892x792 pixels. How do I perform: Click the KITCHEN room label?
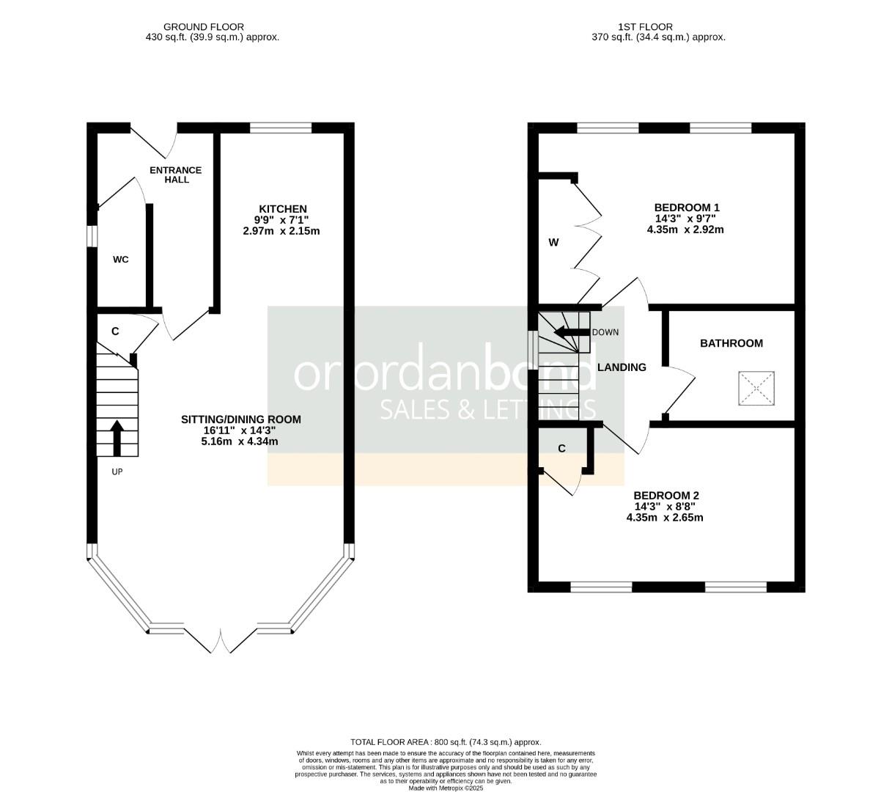(281, 209)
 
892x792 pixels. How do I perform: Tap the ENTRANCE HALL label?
(176, 175)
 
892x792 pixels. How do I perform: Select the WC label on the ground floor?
(121, 260)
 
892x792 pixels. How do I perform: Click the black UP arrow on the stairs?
(117, 436)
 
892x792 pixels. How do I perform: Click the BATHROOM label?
(731, 343)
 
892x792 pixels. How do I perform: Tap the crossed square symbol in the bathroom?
(755, 389)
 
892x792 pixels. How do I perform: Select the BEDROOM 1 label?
(686, 208)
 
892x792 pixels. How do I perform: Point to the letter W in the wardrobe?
(554, 243)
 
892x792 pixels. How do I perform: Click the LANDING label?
(622, 367)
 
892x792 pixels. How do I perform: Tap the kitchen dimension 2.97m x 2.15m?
(281, 231)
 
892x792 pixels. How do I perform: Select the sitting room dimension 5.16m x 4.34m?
(240, 441)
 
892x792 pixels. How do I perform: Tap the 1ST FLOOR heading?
(657, 26)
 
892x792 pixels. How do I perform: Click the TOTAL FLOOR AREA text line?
(446, 742)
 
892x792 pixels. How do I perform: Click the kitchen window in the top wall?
(281, 128)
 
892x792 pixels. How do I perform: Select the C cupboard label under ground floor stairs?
(115, 331)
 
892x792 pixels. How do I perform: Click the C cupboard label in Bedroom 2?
(562, 449)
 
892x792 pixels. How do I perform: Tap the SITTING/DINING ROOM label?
(241, 419)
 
